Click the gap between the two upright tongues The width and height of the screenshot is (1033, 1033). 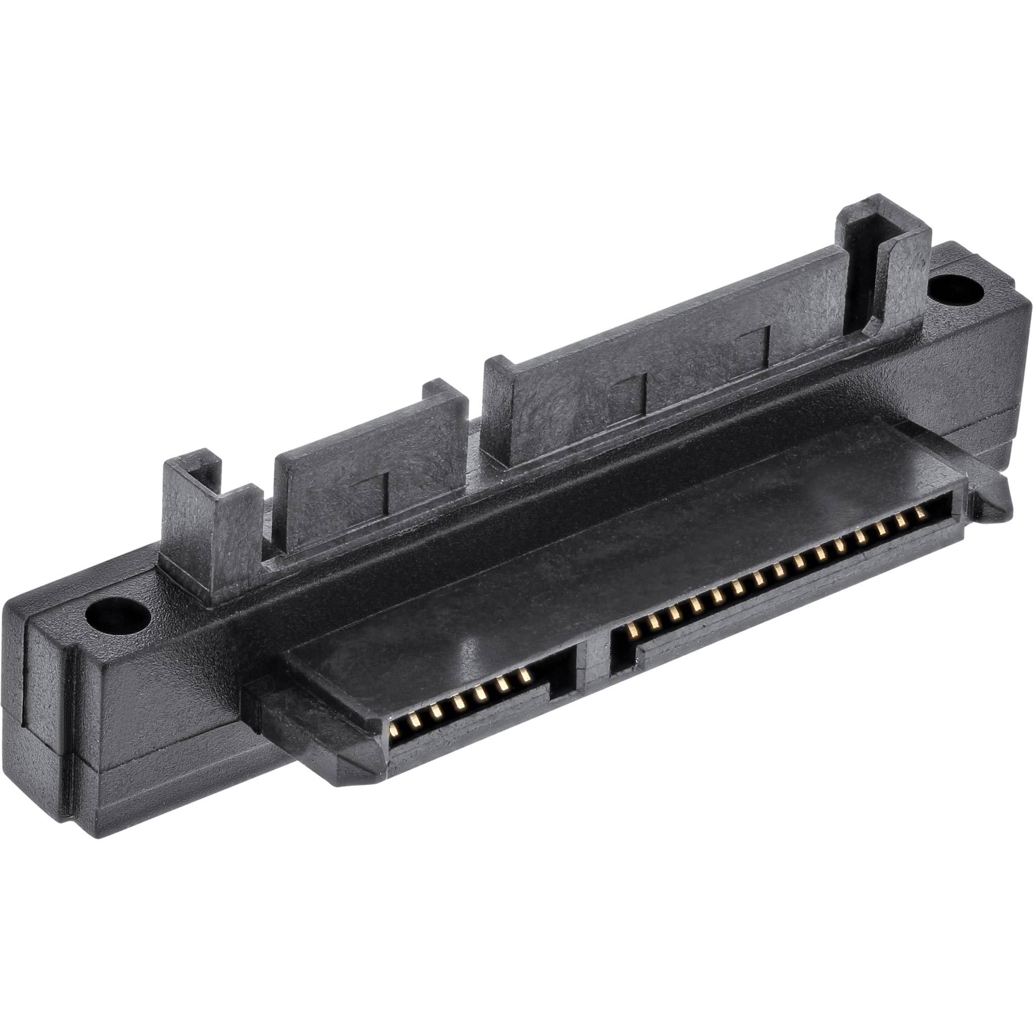(x=476, y=444)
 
